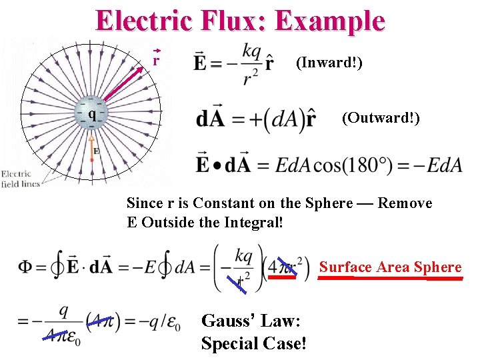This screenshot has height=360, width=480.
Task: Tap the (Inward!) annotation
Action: (329, 64)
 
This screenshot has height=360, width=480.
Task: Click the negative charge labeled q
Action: (92, 114)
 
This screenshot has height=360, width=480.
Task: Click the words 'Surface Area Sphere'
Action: (390, 267)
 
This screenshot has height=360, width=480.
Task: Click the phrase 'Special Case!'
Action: (253, 344)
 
